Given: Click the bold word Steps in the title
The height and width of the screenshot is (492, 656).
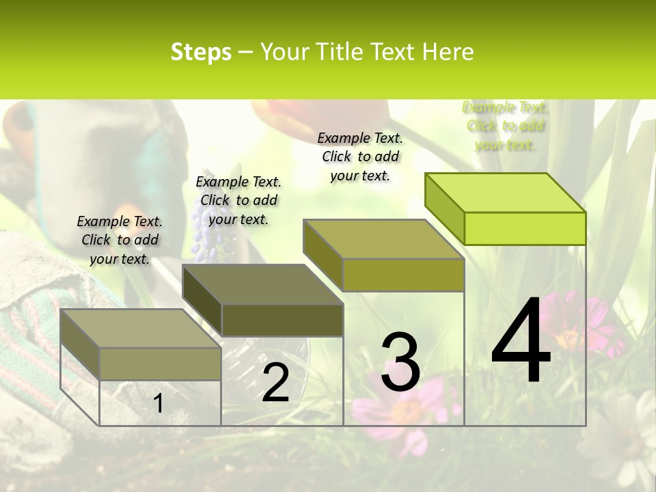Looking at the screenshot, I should (201, 52).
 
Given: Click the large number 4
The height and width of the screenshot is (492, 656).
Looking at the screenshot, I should (521, 342).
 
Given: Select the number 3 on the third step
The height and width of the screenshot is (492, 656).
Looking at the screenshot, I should (400, 362).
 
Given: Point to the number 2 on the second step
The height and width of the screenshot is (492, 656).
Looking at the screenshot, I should (275, 383).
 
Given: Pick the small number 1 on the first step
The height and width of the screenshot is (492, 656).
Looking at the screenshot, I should (158, 404).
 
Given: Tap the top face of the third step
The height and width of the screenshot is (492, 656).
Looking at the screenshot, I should (383, 238).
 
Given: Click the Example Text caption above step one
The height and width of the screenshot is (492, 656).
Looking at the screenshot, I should (120, 240).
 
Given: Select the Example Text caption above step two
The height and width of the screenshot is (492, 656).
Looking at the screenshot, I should (238, 200).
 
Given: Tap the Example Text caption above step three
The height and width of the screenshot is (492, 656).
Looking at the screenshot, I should (360, 156).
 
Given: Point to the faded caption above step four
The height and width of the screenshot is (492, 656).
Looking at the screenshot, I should (504, 126).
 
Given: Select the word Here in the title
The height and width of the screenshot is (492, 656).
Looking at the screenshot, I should (448, 52).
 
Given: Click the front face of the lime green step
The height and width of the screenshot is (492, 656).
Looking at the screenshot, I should (525, 228).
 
